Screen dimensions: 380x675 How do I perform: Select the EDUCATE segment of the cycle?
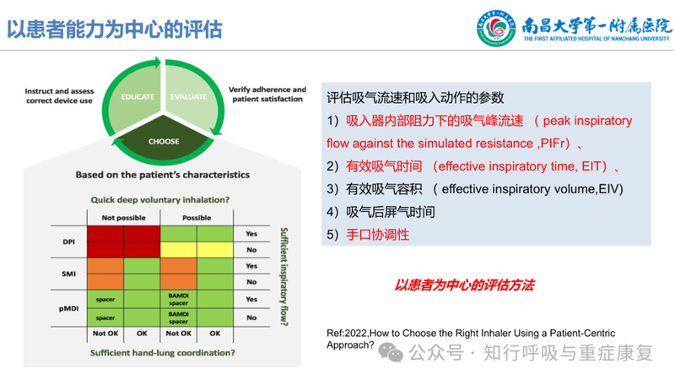[x=138, y=97]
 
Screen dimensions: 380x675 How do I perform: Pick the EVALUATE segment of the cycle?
[x=188, y=97]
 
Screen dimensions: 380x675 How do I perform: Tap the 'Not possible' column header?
[x=124, y=217]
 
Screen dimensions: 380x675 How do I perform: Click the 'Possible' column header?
[x=197, y=217]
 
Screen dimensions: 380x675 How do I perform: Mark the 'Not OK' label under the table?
[x=106, y=334]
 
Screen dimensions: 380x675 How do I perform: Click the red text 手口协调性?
[x=377, y=235]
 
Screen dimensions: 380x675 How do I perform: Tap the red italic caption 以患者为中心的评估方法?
[x=464, y=285]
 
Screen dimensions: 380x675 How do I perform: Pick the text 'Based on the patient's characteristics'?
[x=162, y=175]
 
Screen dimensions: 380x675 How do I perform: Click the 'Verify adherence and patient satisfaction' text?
[x=267, y=94]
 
